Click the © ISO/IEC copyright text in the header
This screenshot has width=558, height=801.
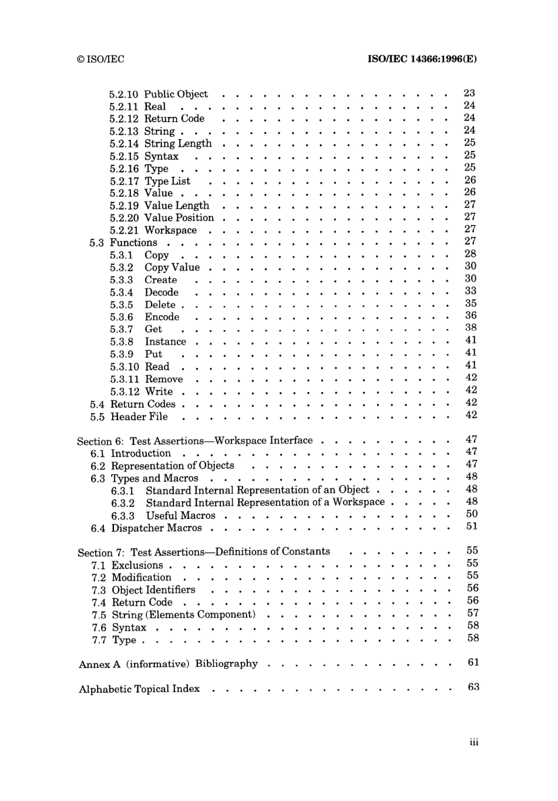pos(100,59)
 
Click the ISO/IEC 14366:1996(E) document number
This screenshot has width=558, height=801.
pos(422,59)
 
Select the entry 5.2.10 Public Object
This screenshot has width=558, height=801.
pos(158,94)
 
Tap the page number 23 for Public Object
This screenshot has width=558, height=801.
pos(469,93)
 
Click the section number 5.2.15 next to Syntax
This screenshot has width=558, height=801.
pos(124,156)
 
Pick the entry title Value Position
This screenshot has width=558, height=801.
pos(179,218)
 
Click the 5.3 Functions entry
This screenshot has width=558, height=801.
pos(123,243)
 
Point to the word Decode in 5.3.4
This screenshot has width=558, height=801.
pos(162,293)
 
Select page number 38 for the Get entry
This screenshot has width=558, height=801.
pos(470,328)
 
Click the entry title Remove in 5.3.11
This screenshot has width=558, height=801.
pos(164,380)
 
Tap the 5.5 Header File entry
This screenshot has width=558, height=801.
pos(129,417)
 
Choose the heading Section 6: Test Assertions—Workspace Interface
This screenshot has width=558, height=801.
pos(194,441)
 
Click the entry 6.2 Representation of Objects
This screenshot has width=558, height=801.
pos(162,466)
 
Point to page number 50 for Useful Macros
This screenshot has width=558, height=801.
pos(472,514)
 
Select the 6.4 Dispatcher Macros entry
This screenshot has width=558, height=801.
pos(146,528)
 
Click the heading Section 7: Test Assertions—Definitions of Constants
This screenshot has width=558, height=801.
pos(203,552)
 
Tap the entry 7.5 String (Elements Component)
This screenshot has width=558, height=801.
pos(173,615)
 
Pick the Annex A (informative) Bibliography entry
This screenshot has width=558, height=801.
pos(168,664)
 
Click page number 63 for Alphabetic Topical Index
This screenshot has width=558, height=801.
pos(473,687)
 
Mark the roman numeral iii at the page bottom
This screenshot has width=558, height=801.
pos(474,742)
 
